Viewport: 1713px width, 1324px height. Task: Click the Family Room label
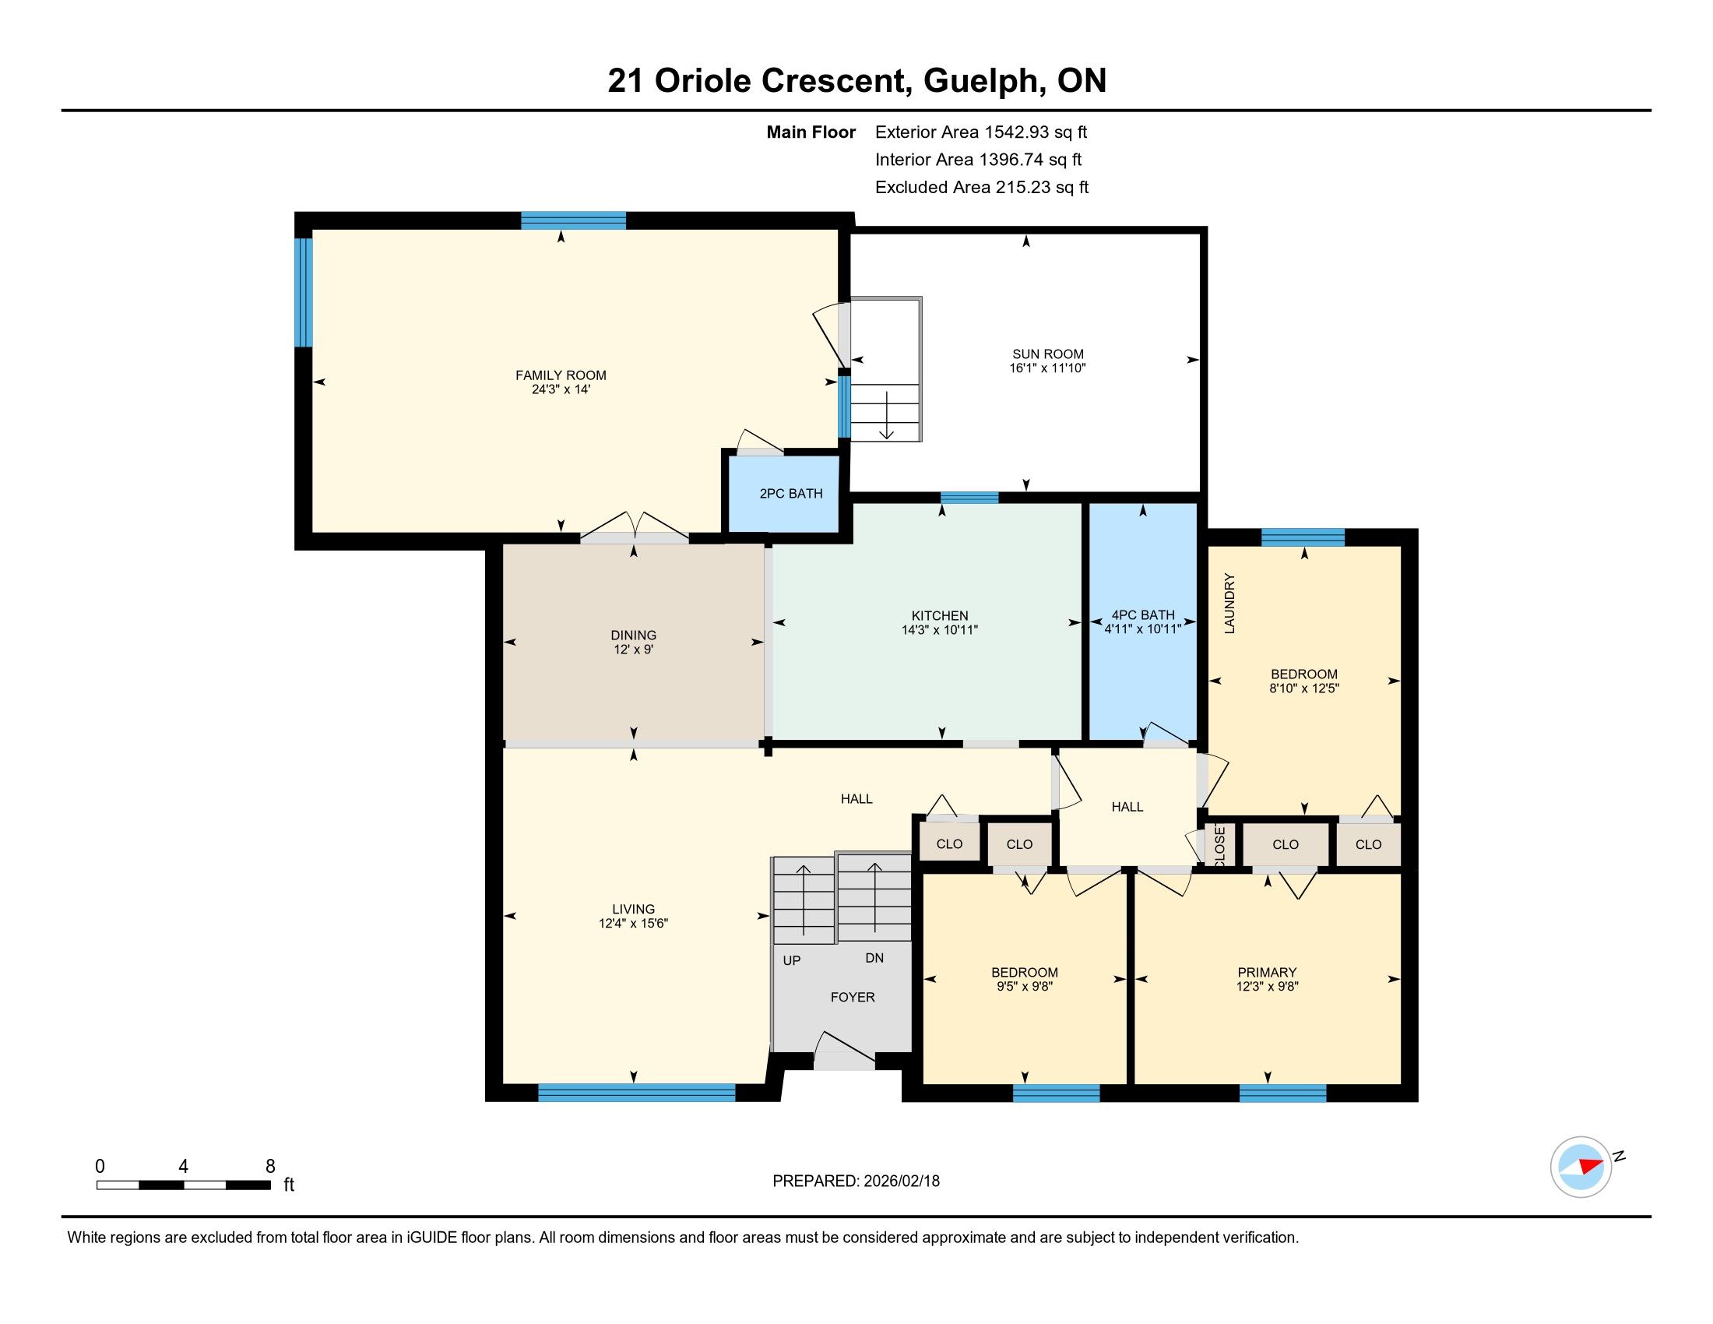point(560,375)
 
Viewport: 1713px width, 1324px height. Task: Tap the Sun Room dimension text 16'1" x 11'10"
point(1047,368)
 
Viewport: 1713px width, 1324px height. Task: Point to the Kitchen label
point(940,616)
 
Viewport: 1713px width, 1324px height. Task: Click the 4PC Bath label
point(1143,615)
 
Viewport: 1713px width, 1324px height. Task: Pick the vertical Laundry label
point(1229,603)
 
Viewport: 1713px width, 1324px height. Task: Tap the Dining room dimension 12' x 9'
point(633,650)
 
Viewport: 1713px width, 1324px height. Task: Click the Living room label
point(633,909)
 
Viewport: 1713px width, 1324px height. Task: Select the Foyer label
point(853,997)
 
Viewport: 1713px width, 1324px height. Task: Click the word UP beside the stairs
point(791,960)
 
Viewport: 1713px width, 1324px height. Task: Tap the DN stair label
point(874,958)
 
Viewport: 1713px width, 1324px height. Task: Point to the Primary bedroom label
point(1267,972)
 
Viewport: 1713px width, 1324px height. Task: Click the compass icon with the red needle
point(1581,1167)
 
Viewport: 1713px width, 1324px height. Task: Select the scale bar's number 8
point(271,1166)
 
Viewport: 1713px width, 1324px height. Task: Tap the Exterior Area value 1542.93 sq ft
point(1036,132)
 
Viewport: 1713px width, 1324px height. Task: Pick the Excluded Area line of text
point(982,187)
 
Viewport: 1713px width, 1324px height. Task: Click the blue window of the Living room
point(637,1092)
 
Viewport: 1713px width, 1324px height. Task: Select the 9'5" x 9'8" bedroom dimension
point(1025,986)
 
